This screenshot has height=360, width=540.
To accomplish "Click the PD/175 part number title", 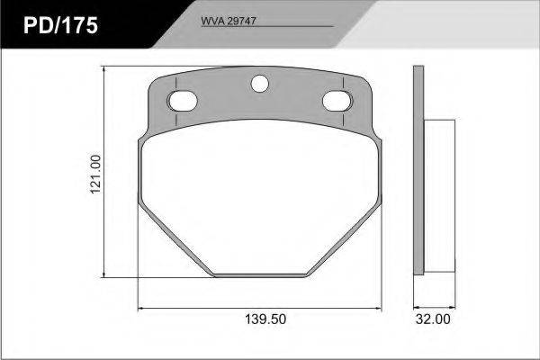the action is pyautogui.click(x=60, y=25).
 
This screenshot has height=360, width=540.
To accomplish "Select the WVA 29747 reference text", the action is pyautogui.click(x=229, y=21).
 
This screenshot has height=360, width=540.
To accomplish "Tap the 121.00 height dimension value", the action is pyautogui.click(x=95, y=175).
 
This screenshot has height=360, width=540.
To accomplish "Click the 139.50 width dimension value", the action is pyautogui.click(x=265, y=319).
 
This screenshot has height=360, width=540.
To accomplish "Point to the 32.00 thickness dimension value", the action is pyautogui.click(x=433, y=319).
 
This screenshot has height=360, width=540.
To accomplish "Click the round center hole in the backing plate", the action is pyautogui.click(x=260, y=84).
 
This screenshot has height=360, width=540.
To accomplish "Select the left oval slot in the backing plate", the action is pyautogui.click(x=182, y=101).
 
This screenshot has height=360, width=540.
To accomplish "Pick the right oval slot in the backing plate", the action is pyautogui.click(x=337, y=101).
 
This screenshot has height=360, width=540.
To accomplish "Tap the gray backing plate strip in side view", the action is pyautogui.click(x=418, y=170).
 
